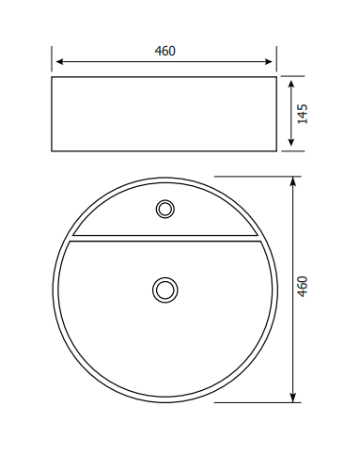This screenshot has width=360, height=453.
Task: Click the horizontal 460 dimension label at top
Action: [x=164, y=51]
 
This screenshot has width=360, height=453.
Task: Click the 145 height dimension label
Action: [x=303, y=114]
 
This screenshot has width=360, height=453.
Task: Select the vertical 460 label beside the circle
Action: [x=303, y=287]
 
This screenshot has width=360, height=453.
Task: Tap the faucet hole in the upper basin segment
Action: [x=165, y=209]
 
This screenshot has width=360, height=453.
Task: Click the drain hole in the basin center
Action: [x=165, y=289]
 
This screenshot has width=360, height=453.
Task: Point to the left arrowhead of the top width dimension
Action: [x=59, y=62]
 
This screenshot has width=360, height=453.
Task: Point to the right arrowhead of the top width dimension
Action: [x=269, y=62]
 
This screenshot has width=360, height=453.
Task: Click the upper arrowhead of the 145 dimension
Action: [x=291, y=85]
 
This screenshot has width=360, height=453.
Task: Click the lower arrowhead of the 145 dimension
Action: [x=291, y=142]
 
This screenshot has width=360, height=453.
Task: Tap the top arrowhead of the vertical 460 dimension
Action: [x=292, y=181]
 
